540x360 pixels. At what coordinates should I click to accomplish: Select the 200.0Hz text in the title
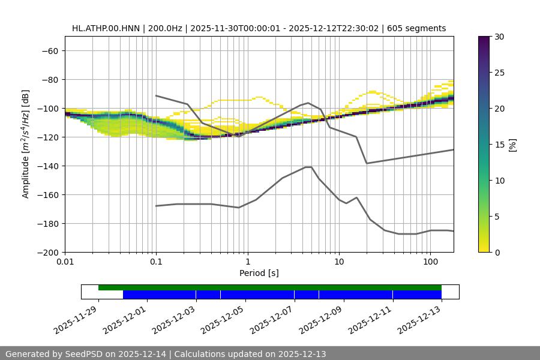(165, 28)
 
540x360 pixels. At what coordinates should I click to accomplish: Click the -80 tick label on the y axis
(49, 80)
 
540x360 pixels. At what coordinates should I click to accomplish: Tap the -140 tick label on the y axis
(47, 166)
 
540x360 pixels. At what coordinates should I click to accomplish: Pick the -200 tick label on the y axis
(47, 253)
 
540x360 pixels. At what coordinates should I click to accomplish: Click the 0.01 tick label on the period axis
(65, 263)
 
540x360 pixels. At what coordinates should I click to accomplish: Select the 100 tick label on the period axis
(430, 263)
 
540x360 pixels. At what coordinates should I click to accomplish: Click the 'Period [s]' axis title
(259, 274)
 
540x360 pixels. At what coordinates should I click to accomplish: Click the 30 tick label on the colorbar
(499, 37)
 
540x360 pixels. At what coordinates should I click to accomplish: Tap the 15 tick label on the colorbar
(499, 145)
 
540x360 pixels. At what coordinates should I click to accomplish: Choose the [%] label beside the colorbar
(512, 145)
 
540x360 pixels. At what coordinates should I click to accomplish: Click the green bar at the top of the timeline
(270, 287)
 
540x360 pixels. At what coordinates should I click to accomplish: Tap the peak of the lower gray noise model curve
(308, 167)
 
